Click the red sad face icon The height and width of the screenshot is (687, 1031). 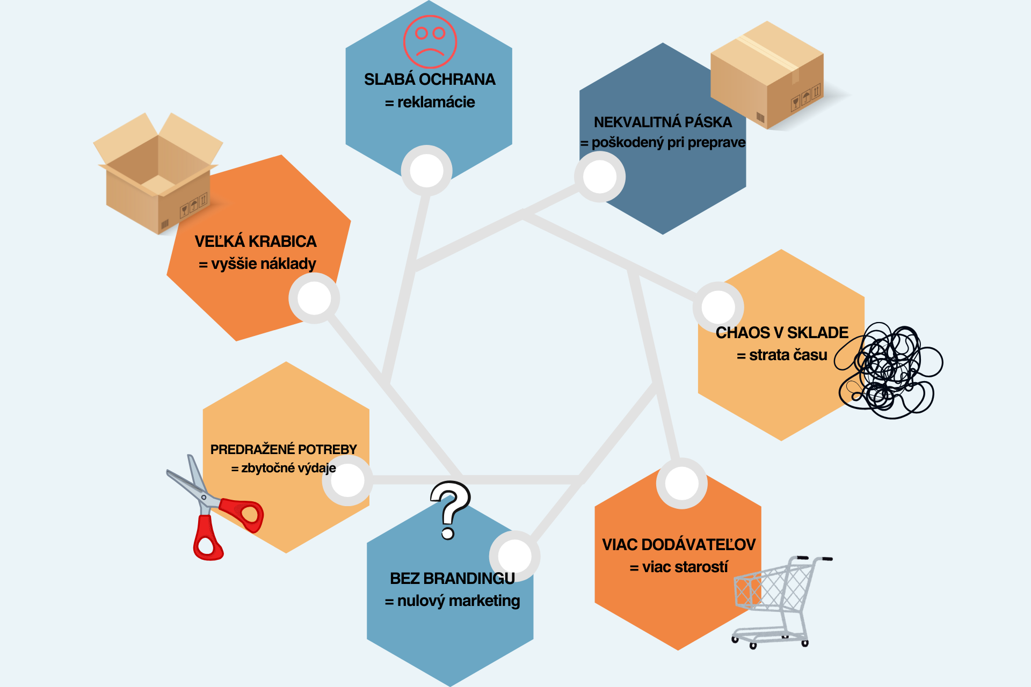pyautogui.click(x=430, y=41)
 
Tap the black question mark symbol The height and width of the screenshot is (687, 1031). pyautogui.click(x=450, y=509)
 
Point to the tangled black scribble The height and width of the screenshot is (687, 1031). pyautogui.click(x=889, y=370)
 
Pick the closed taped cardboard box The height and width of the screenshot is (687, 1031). pyautogui.click(x=767, y=75)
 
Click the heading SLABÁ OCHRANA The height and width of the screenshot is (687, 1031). pyautogui.click(x=430, y=79)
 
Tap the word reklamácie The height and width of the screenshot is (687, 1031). pyautogui.click(x=436, y=102)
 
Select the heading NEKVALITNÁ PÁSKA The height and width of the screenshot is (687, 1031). pyautogui.click(x=663, y=122)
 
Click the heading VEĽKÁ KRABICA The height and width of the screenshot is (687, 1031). pyautogui.click(x=256, y=242)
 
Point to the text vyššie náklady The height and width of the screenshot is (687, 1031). pyautogui.click(x=263, y=264)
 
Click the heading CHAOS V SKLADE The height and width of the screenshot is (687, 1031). pyautogui.click(x=782, y=333)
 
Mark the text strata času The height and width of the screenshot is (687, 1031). pyautogui.click(x=788, y=355)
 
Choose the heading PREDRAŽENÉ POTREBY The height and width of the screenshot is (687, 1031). pyautogui.click(x=284, y=449)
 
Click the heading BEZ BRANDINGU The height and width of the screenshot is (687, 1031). pyautogui.click(x=452, y=579)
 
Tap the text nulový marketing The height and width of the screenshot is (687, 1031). pyautogui.click(x=459, y=601)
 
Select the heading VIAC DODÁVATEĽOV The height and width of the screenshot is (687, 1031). pyautogui.click(x=679, y=545)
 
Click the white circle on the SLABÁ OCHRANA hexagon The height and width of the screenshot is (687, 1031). pyautogui.click(x=426, y=171)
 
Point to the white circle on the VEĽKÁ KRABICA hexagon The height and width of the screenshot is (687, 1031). pyautogui.click(x=314, y=298)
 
